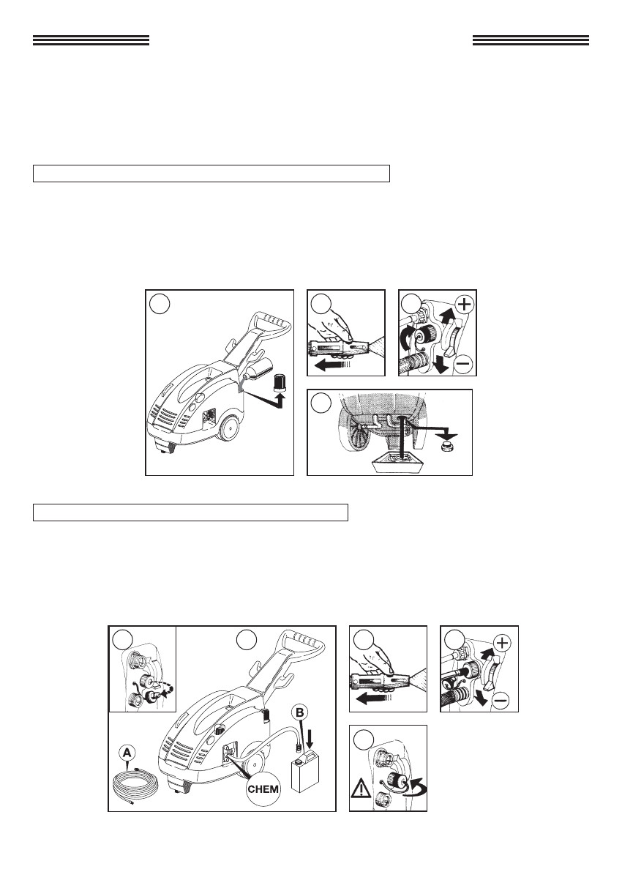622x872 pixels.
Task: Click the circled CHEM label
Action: [x=263, y=789]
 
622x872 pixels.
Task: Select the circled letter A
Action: [x=127, y=753]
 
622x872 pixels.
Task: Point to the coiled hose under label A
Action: [x=135, y=787]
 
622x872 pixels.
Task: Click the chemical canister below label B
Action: [x=304, y=772]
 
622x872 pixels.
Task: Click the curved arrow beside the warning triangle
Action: [x=416, y=786]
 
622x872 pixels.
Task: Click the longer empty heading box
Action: [x=211, y=173]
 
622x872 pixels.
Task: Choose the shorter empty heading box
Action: [x=190, y=513]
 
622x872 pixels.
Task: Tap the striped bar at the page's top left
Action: [x=91, y=40]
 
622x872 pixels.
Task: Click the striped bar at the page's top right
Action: [x=531, y=40]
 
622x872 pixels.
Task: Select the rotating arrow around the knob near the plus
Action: [x=411, y=337]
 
